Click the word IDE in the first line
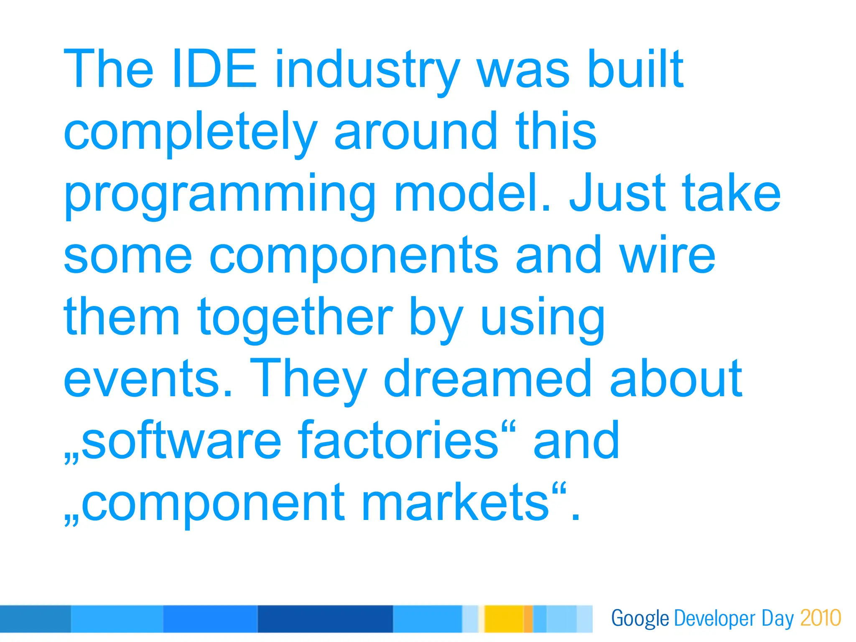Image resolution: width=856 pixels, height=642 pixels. coord(214,69)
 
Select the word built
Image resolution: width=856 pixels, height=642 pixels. coord(635,69)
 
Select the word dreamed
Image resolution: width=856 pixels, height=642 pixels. coord(487,378)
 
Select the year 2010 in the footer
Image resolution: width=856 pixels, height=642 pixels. coord(820,618)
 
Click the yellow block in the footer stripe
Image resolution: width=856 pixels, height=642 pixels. coord(504,619)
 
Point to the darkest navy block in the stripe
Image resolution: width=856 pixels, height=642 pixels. coord(325,619)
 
